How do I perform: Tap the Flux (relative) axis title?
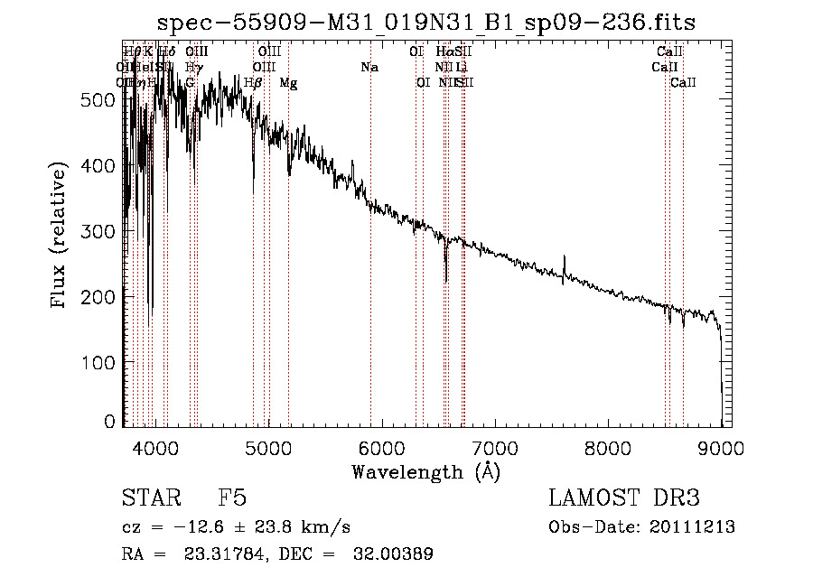pos(61,237)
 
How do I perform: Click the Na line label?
pos(369,67)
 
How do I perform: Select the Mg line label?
pos(288,82)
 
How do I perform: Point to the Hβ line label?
pos(254,82)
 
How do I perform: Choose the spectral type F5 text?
pos(232,498)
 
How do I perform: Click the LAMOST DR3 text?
pos(624,498)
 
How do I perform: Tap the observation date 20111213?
pos(693,527)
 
